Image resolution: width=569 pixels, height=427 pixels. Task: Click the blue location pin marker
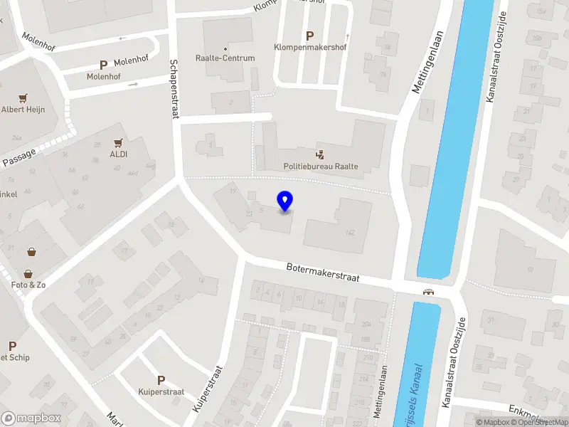(x=285, y=201)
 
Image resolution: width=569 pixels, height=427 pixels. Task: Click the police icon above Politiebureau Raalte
(x=320, y=154)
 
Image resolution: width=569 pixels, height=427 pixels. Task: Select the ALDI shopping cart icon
(x=118, y=142)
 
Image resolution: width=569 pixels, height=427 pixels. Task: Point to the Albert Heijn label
(x=23, y=110)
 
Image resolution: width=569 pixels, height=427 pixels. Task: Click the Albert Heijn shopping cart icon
(x=23, y=97)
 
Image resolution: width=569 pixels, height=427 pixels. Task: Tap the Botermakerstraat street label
(x=324, y=273)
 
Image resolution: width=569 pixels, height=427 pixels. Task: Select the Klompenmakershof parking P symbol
(x=309, y=36)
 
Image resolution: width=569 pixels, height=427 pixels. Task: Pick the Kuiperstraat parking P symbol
(x=161, y=380)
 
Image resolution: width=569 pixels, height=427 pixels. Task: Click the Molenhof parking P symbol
(x=103, y=65)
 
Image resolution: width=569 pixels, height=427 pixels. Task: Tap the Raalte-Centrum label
(x=225, y=58)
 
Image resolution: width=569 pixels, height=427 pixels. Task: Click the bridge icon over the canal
(x=428, y=291)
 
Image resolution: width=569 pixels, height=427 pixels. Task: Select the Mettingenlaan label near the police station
(x=428, y=62)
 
